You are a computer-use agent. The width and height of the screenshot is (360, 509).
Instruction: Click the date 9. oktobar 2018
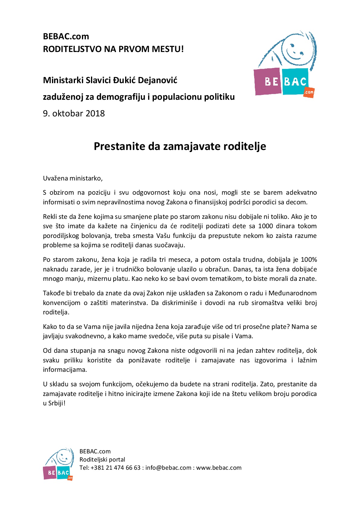coord(74,113)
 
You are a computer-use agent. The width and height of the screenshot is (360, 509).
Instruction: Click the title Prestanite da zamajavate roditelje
coord(180,146)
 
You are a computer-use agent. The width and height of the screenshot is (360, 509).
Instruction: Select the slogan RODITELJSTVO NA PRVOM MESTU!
coord(113,49)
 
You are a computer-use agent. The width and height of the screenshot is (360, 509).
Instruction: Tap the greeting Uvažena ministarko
coord(73,178)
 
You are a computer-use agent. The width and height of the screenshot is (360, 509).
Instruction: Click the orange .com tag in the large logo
coord(309,92)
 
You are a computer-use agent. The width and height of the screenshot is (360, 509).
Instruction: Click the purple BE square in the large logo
coord(268,81)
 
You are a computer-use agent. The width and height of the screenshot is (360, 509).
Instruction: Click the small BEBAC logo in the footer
coord(58,464)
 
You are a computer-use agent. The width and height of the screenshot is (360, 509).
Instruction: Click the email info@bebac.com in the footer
coord(168,468)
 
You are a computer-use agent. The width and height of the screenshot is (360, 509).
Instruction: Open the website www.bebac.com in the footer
coord(219,468)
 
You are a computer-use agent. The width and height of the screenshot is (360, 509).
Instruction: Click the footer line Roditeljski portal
coord(102,459)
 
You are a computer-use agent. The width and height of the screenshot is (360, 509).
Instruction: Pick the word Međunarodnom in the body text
coord(292,293)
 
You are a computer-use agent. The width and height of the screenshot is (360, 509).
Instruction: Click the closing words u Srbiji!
coord(54,403)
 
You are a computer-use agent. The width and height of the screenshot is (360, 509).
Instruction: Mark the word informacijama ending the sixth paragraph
coord(65,370)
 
